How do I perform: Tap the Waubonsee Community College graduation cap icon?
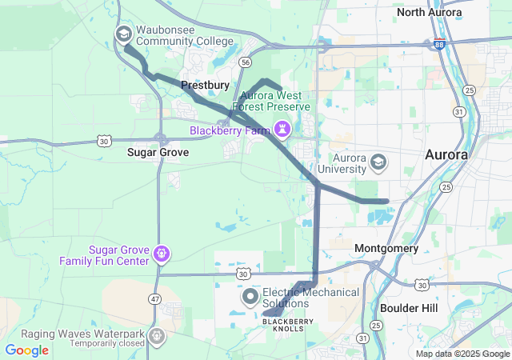[124, 34]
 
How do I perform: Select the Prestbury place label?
[206, 84]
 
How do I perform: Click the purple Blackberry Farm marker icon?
[283, 129]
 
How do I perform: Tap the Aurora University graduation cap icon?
[378, 164]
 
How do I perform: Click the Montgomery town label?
[386, 249]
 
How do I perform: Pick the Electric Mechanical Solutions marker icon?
[250, 298]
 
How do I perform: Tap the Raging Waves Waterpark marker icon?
[158, 335]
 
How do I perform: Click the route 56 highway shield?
[246, 62]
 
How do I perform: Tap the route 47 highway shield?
[155, 298]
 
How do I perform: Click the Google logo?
[27, 350]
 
